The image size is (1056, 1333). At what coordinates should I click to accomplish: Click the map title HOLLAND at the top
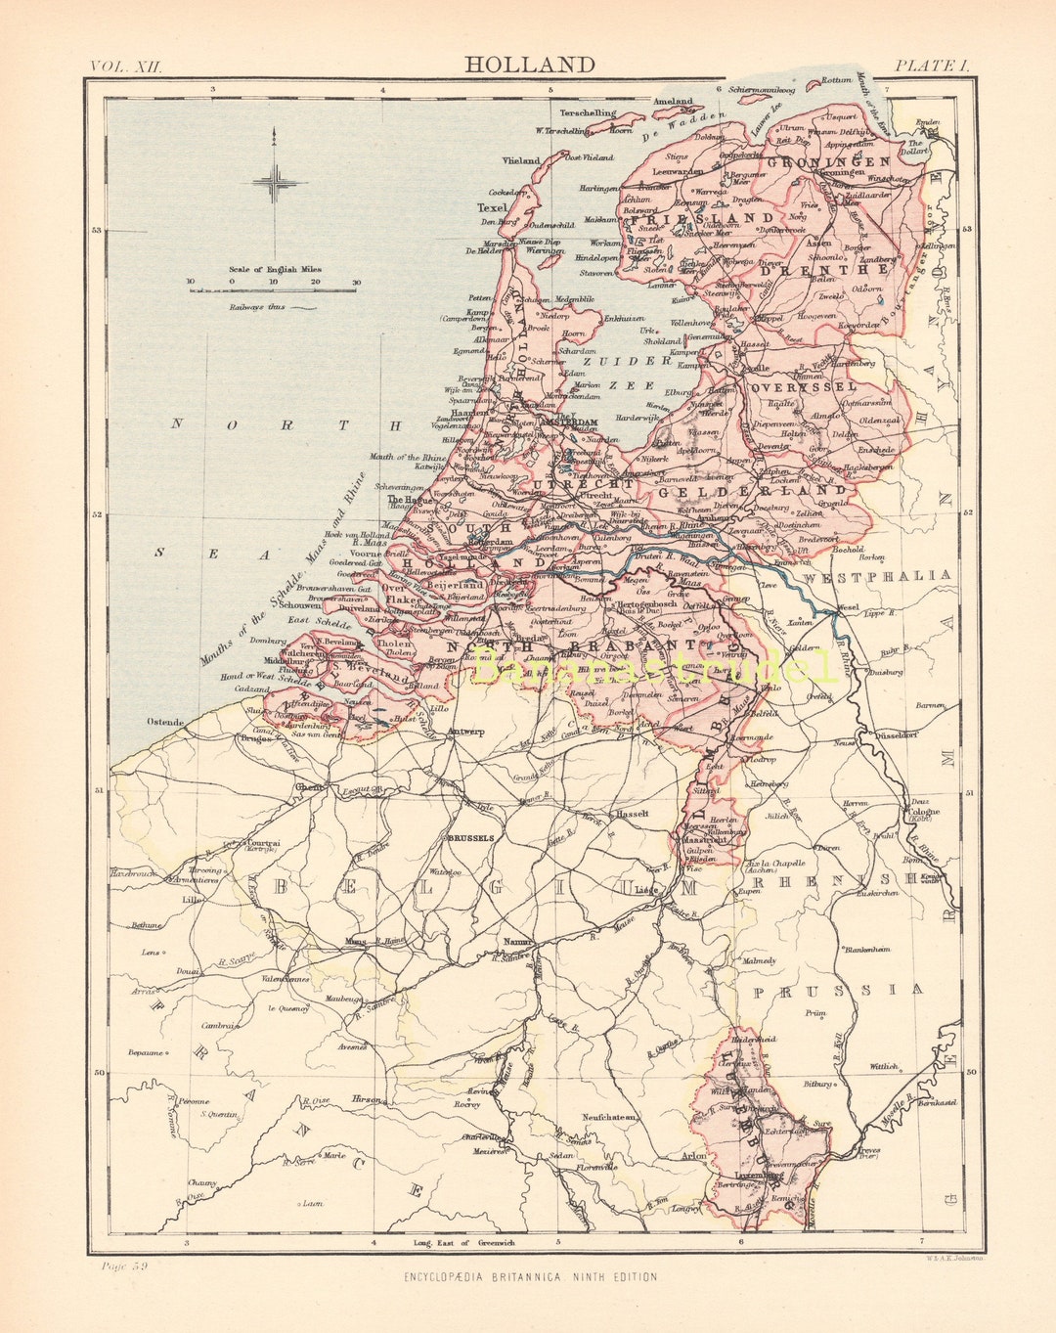point(529,66)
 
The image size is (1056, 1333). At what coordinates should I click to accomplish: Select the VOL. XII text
point(125,66)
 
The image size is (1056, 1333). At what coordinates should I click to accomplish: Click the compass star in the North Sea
point(276,182)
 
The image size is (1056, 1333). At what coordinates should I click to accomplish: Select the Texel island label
point(492,208)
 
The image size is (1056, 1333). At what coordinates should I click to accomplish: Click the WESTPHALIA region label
point(877,576)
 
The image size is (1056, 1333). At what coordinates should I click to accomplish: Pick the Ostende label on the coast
point(165,722)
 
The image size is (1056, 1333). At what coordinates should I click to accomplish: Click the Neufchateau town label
point(610,1116)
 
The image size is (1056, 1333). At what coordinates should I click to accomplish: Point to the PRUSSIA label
point(838,990)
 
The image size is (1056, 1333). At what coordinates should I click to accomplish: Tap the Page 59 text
point(123,1266)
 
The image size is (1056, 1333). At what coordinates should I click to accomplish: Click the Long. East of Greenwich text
point(463,1243)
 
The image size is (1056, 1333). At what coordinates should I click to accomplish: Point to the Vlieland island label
point(521,160)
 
